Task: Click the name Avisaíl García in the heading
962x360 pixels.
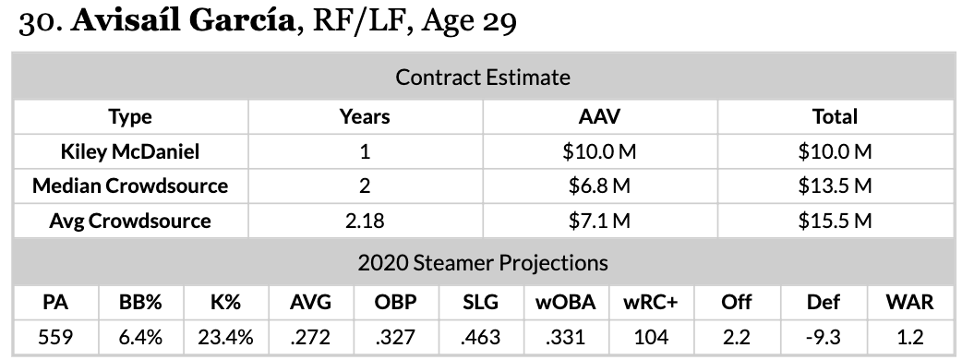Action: [183, 21]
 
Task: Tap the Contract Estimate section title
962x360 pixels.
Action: [483, 78]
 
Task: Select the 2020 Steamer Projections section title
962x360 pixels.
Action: [483, 262]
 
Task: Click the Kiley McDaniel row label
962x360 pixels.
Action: [130, 151]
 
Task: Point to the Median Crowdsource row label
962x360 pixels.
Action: [130, 186]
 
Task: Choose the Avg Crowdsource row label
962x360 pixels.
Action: [130, 221]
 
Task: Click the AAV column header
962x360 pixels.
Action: [599, 116]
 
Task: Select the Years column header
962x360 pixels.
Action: [365, 116]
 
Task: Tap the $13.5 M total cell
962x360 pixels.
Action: [835, 186]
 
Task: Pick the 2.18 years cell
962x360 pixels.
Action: [365, 221]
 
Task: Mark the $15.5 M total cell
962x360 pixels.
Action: [835, 221]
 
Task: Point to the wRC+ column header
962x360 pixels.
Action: [650, 303]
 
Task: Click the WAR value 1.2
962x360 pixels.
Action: [910, 337]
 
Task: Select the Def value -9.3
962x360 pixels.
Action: [824, 337]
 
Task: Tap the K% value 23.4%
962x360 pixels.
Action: [225, 337]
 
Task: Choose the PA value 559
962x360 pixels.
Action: [55, 337]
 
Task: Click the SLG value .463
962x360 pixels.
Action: [481, 337]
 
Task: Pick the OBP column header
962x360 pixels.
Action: [396, 303]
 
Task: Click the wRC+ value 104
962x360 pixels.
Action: [650, 337]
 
